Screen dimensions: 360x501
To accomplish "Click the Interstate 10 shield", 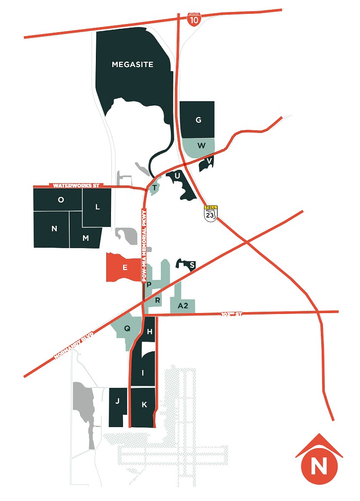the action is (x=194, y=19).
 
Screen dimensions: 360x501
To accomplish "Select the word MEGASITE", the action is (x=132, y=65).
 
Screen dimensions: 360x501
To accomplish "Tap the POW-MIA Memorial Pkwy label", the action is (x=145, y=245).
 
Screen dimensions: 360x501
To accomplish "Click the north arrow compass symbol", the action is (x=319, y=460).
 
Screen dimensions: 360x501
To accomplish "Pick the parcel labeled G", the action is (x=198, y=120).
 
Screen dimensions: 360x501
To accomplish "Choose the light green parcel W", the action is (x=201, y=145).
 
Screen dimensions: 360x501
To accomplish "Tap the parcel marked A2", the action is (x=183, y=306).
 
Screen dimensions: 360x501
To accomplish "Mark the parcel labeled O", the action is (x=61, y=200).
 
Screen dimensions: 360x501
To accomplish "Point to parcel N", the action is (x=54, y=229).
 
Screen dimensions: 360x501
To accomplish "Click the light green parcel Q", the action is (x=127, y=329).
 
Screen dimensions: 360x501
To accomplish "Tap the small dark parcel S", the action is (x=192, y=265).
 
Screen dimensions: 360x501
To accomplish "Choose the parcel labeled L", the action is (x=97, y=207).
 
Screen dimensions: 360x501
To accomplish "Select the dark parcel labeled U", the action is (x=177, y=175).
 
